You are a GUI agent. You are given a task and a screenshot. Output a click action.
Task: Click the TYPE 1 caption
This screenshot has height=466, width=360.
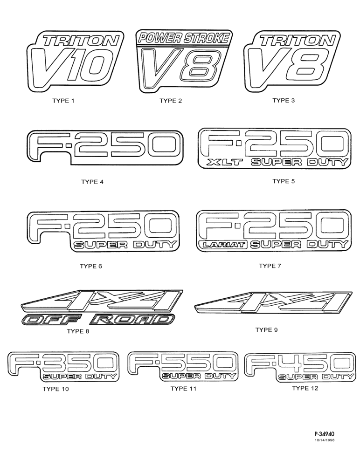point(63,101)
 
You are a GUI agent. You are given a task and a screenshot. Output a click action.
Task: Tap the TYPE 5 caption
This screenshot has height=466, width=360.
point(284,181)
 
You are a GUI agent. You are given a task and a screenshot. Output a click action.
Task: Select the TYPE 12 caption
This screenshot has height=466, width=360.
point(305,388)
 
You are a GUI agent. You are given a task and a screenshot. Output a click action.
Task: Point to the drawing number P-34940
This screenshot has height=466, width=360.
point(324,434)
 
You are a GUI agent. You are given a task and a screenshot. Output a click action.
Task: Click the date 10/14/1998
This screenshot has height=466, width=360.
point(324,440)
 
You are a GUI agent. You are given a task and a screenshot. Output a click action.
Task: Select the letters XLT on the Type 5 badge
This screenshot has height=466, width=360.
point(225,162)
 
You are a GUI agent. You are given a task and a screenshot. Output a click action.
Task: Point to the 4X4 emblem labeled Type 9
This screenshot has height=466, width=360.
point(273,303)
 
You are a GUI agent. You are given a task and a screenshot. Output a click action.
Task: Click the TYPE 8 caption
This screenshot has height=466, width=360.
point(78,331)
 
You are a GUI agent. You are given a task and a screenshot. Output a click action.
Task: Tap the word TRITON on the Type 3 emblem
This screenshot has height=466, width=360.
point(296,41)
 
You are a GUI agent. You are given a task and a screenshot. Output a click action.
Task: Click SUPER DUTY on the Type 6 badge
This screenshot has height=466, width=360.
point(125,245)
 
